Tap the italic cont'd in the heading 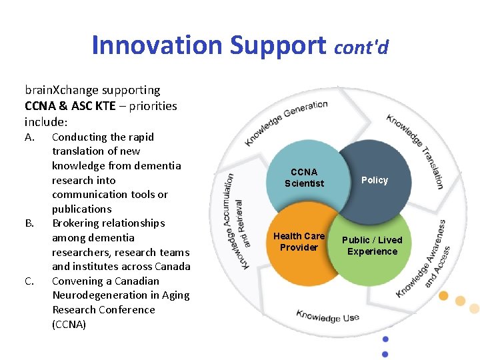[361, 47]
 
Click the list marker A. [29, 137]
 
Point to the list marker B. [29, 223]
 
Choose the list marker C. [29, 281]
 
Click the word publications [81, 209]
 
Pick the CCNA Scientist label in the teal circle [304, 178]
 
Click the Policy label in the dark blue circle [374, 180]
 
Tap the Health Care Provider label [299, 241]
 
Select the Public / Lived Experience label [372, 245]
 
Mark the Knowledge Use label [327, 315]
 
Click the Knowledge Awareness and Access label [424, 259]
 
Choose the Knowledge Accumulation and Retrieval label [234, 221]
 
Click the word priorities [153, 105]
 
